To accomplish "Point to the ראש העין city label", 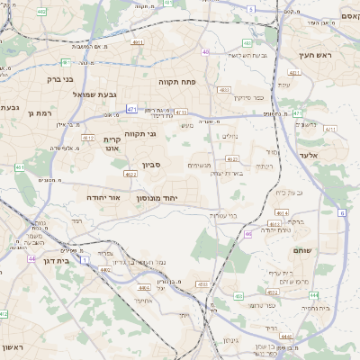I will click(x=317, y=55).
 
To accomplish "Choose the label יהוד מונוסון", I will click(x=157, y=197).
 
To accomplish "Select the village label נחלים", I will click(x=231, y=136).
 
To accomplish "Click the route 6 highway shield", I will click(x=343, y=213).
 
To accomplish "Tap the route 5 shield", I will click(x=250, y=8).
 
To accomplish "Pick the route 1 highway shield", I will click(x=84, y=259).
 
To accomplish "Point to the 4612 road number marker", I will click(x=88, y=138).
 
